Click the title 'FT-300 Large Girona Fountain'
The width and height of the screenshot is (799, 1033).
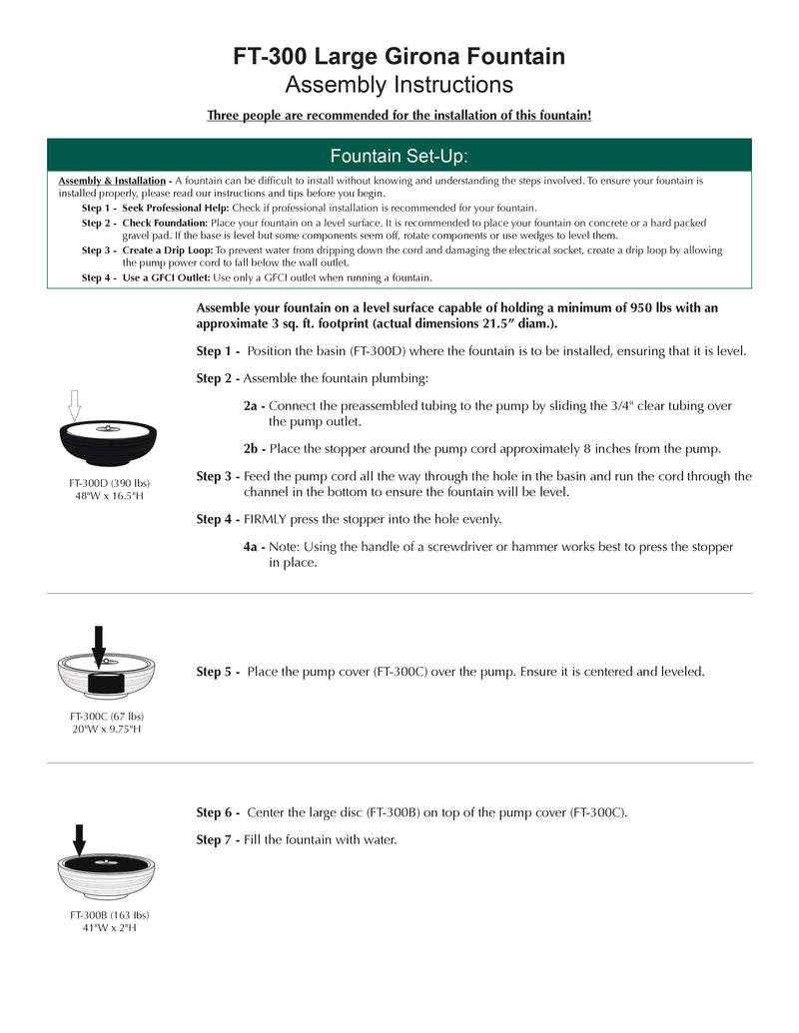(399, 57)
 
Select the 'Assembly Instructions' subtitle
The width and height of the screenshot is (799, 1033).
(399, 85)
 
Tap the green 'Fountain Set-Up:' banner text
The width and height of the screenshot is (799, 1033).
(399, 156)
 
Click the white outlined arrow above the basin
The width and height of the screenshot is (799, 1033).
(73, 405)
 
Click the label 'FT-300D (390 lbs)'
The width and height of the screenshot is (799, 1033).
(109, 483)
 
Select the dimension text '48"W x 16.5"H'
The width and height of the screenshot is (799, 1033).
(109, 496)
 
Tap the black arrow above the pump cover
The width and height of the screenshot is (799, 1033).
(98, 645)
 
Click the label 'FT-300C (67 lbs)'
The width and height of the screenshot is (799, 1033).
(107, 716)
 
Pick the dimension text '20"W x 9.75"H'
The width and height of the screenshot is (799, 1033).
(107, 729)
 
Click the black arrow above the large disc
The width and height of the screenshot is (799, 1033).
(79, 839)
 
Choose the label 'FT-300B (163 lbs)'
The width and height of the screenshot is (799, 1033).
(109, 914)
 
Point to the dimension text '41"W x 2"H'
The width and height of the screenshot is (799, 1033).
(109, 927)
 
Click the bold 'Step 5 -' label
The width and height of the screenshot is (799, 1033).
(218, 672)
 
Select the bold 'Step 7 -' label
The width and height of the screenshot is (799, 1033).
(218, 840)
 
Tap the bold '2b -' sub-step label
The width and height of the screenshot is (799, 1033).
(254, 449)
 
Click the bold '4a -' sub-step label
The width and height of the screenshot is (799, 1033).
(254, 547)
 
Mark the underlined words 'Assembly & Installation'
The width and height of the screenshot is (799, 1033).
(112, 181)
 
